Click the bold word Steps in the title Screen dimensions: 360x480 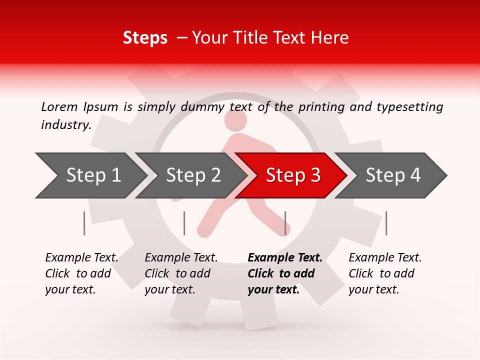pyautogui.click(x=145, y=38)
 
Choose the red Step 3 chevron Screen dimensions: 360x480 pyautogui.click(x=291, y=175)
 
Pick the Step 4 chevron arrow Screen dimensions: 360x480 pyautogui.click(x=391, y=175)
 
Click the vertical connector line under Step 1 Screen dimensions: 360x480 pyautogui.click(x=84, y=223)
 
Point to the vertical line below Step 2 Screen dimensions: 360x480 pyautogui.click(x=184, y=223)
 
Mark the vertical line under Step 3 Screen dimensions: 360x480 pyautogui.click(x=285, y=223)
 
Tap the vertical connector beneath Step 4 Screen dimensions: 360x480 pyautogui.click(x=386, y=223)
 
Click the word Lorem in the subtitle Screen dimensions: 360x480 pyautogui.click(x=59, y=106)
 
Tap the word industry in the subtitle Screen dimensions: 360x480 pyautogui.click(x=66, y=124)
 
